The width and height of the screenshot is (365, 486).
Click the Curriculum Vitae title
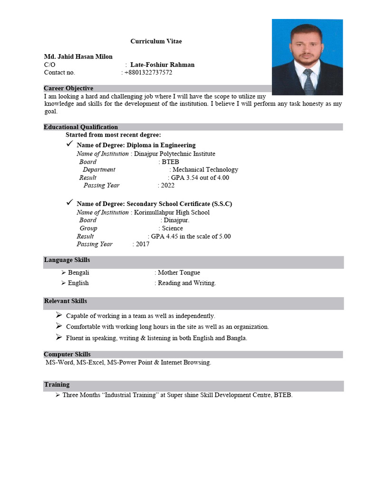pyautogui.click(x=156, y=41)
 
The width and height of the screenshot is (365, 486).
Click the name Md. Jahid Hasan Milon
pyautogui.click(x=78, y=56)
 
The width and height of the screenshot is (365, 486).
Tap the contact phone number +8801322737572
pyautogui.click(x=148, y=73)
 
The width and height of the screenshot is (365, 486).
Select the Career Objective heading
pyautogui.click(x=68, y=88)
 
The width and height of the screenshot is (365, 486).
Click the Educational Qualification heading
pyautogui.click(x=81, y=127)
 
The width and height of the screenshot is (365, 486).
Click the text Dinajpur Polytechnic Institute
pyautogui.click(x=174, y=154)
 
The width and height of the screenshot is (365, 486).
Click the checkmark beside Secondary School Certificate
pyautogui.click(x=69, y=203)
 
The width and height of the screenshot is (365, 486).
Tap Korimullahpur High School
pyautogui.click(x=172, y=212)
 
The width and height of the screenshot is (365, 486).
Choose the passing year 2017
pyautogui.click(x=142, y=244)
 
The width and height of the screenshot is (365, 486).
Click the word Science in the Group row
pyautogui.click(x=172, y=228)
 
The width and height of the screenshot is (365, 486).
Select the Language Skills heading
pyautogui.click(x=67, y=260)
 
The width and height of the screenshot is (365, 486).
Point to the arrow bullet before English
pyautogui.click(x=63, y=283)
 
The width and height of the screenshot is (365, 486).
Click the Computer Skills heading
pyautogui.click(x=67, y=354)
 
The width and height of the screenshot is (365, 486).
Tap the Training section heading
pyautogui.click(x=57, y=384)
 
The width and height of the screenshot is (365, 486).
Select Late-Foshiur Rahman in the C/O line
pyautogui.click(x=162, y=65)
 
